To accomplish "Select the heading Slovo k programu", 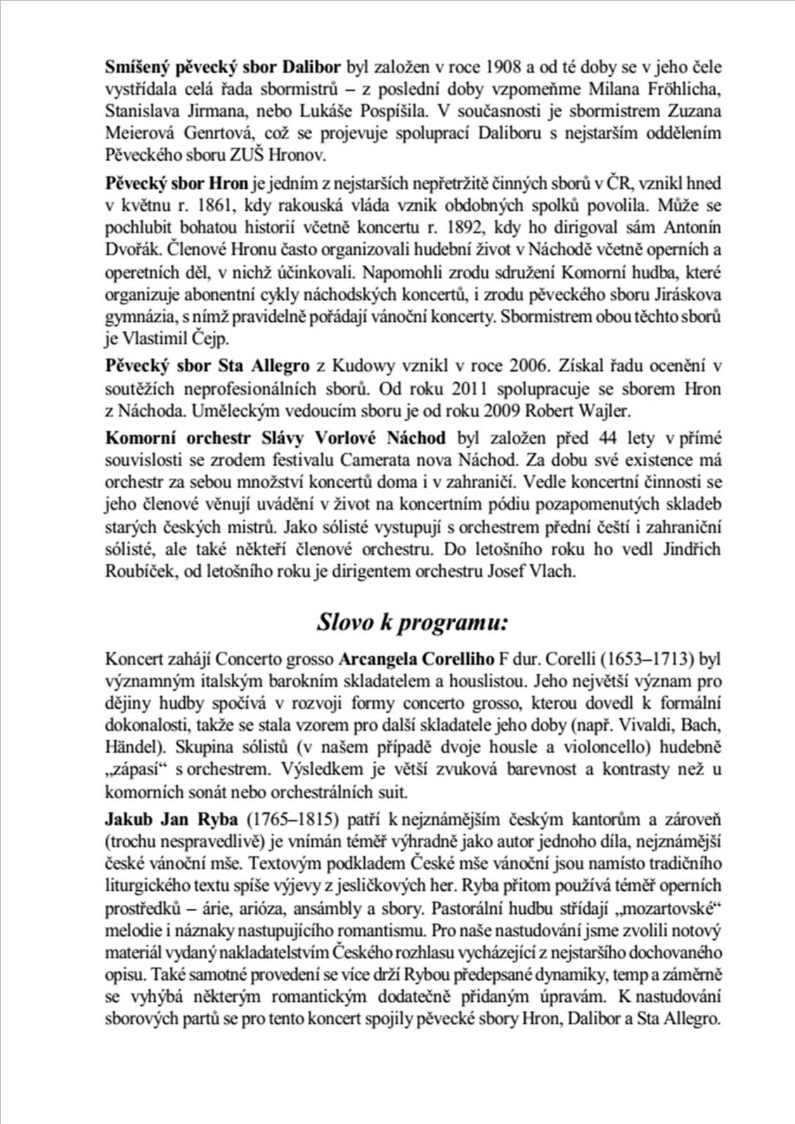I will (x=413, y=622).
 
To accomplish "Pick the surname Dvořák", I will (x=129, y=250).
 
